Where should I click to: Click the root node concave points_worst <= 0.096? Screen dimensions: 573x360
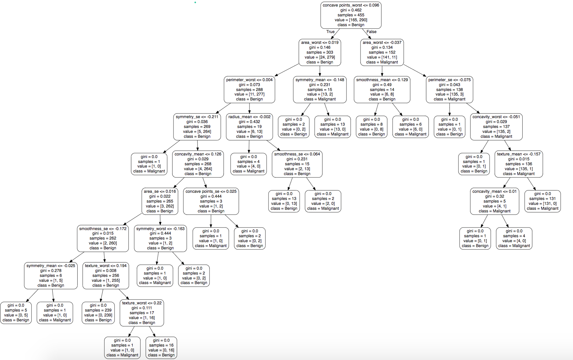click(x=351, y=15)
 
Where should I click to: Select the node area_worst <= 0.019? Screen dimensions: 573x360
click(x=320, y=52)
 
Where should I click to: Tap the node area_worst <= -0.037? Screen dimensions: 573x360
click(x=382, y=52)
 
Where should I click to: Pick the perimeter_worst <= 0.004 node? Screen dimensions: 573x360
click(x=249, y=90)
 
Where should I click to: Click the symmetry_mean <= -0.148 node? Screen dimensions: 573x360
click(x=320, y=90)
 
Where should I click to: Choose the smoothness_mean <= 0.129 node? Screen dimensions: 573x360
click(x=382, y=90)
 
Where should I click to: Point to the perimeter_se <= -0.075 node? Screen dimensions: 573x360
click(x=449, y=90)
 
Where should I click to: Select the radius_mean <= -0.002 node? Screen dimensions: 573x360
click(x=249, y=127)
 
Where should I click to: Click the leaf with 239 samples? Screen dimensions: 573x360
click(x=98, y=313)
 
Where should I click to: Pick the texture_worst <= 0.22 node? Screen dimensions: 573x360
click(x=142, y=313)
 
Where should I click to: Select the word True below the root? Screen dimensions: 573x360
click(x=330, y=32)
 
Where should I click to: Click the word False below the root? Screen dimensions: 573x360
click(x=371, y=32)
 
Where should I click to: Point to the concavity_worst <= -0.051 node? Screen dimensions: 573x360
click(x=496, y=127)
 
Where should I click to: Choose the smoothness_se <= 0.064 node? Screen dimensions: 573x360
click(x=297, y=164)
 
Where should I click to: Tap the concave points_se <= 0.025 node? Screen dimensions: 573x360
click(x=211, y=201)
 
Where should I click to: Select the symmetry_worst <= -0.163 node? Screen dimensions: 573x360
click(x=160, y=238)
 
